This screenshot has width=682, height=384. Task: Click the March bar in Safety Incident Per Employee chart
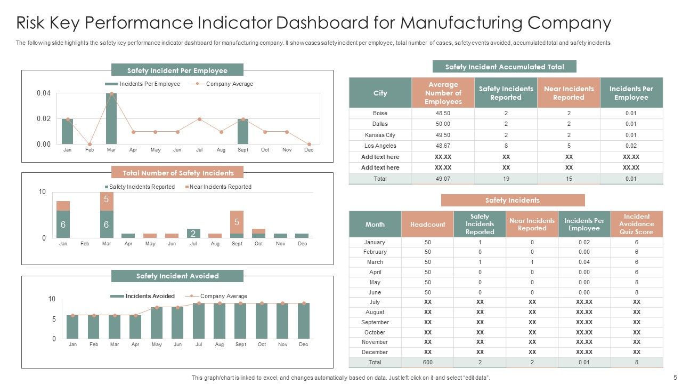click(111, 119)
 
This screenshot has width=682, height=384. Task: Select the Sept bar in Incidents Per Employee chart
click(243, 131)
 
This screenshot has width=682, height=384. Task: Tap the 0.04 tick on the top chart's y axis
click(44, 93)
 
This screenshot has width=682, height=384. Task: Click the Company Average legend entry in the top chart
click(229, 84)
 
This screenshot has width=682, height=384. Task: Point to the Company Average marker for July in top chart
click(199, 119)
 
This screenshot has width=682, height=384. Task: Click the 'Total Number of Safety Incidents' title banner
click(177, 173)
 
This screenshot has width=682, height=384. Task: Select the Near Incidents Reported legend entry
click(220, 187)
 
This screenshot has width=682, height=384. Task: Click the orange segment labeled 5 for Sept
click(237, 222)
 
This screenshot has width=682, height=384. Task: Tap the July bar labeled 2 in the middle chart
click(193, 233)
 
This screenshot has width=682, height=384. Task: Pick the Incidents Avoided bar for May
click(157, 323)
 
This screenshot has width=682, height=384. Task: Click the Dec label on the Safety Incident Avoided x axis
click(304, 345)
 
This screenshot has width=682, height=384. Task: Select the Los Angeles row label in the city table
click(380, 146)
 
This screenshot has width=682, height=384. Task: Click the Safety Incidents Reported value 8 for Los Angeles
click(506, 146)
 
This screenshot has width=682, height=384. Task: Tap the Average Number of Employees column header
click(443, 93)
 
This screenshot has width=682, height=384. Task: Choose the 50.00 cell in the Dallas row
click(443, 124)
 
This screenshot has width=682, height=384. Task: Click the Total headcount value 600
click(427, 362)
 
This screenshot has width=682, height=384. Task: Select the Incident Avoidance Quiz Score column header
click(636, 224)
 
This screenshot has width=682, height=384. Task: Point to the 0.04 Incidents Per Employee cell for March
click(584, 262)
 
